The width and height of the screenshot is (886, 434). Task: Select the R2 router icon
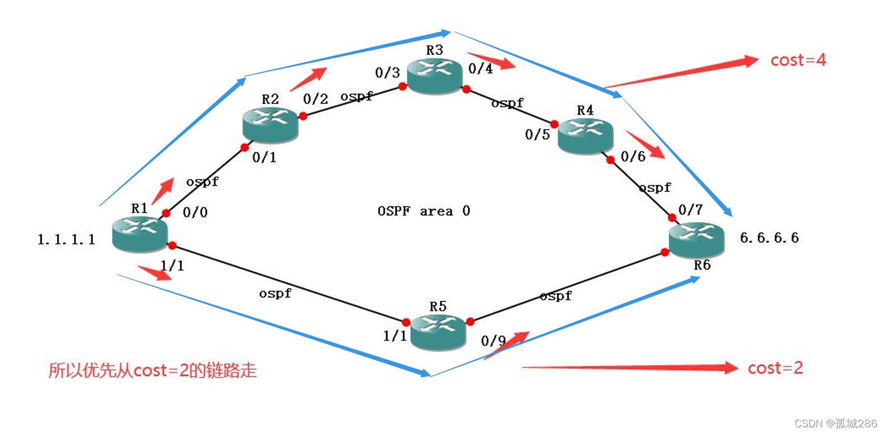click(270, 124)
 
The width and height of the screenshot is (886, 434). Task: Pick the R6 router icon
click(696, 240)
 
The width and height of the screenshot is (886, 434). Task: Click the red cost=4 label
click(798, 60)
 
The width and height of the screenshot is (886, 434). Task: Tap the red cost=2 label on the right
click(775, 367)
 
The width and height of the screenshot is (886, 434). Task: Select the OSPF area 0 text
click(423, 211)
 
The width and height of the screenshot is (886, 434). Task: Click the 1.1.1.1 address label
click(66, 240)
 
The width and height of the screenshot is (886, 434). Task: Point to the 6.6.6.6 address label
click(769, 238)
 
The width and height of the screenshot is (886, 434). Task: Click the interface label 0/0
click(195, 212)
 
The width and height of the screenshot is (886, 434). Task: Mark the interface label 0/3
click(387, 73)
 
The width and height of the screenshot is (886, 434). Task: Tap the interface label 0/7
click(690, 210)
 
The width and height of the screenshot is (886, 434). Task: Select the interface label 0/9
click(493, 341)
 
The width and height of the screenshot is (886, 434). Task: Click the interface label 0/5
click(537, 134)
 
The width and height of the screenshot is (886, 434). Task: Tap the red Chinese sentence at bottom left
click(152, 370)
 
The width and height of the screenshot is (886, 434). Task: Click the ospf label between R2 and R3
click(356, 96)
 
